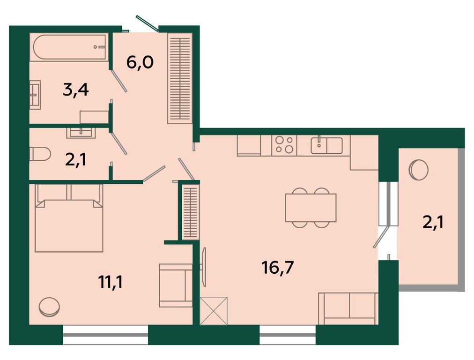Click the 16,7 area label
(278, 268)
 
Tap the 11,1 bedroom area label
(111, 282)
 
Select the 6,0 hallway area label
(140, 63)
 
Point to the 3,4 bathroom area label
(75, 90)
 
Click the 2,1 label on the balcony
(433, 224)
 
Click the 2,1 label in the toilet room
(75, 160)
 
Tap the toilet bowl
(40, 154)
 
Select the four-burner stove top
(284, 145)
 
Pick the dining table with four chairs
(311, 208)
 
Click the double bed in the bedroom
(69, 218)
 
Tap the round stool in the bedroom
(49, 307)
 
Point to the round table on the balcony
(418, 170)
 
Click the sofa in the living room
(348, 308)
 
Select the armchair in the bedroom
(176, 285)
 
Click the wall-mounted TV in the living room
(204, 267)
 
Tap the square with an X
(214, 311)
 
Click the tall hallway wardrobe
(180, 78)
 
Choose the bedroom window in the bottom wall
(105, 335)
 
